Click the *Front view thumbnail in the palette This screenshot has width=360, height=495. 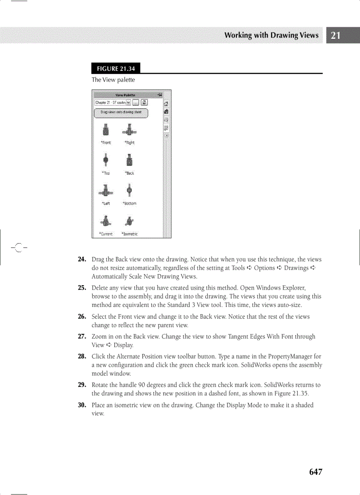pyautogui.click(x=106, y=131)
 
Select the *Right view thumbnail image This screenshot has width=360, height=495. pyautogui.click(x=129, y=130)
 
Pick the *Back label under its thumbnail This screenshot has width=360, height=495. pyautogui.click(x=129, y=173)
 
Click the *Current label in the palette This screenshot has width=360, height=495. pyautogui.click(x=106, y=234)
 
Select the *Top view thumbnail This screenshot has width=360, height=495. pyautogui.click(x=106, y=160)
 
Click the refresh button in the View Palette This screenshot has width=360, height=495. pyautogui.click(x=144, y=103)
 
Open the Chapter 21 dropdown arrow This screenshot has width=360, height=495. pyautogui.click(x=128, y=103)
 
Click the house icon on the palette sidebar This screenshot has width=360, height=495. pyautogui.click(x=166, y=104)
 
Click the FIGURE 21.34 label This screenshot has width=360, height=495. pyautogui.click(x=116, y=68)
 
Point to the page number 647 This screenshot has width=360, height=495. pyautogui.click(x=315, y=472)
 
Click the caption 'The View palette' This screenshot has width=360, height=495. pyautogui.click(x=113, y=80)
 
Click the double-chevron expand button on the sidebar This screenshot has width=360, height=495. pyautogui.click(x=166, y=136)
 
